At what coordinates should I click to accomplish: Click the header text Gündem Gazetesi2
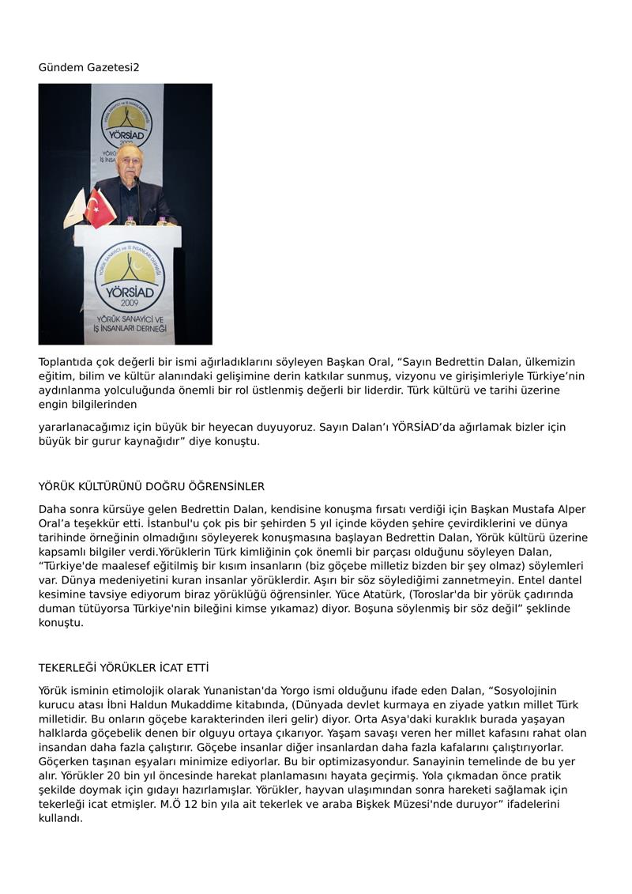coord(89,67)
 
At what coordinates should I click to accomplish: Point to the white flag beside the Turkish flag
coord(76,209)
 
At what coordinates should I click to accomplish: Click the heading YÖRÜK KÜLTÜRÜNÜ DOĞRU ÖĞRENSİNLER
coord(152,486)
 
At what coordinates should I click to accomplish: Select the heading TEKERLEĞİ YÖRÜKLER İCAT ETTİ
coord(123,668)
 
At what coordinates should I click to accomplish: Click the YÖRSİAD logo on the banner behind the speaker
coord(126,122)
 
